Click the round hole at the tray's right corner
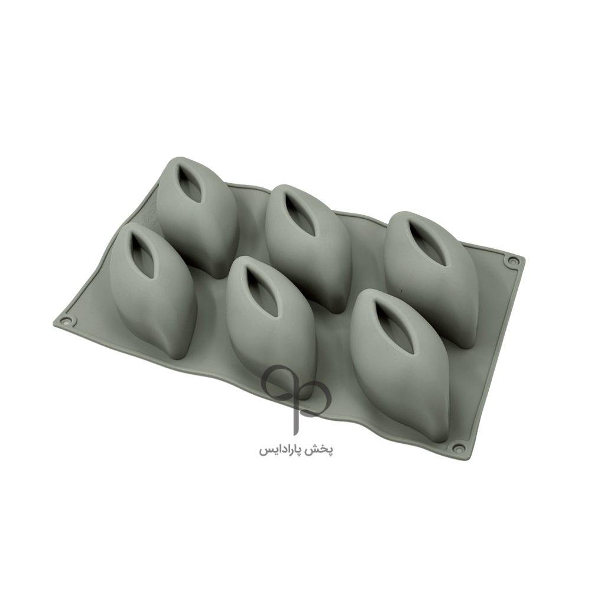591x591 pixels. [513, 261]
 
